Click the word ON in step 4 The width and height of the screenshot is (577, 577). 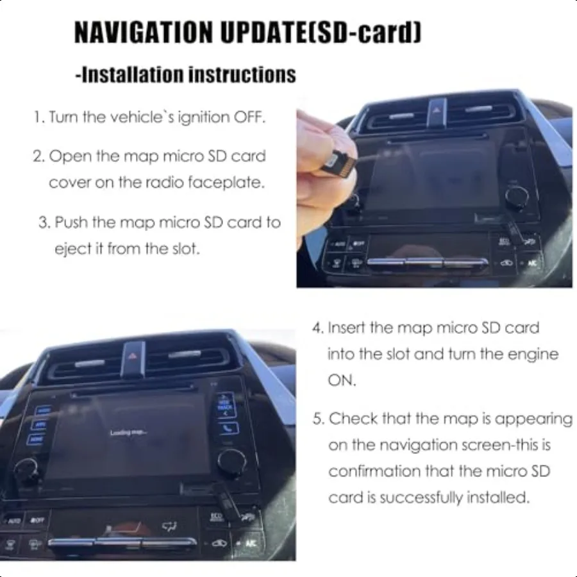pos(341,380)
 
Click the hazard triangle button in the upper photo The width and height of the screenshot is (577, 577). pos(439,108)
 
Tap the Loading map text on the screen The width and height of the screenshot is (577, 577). pos(128,433)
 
